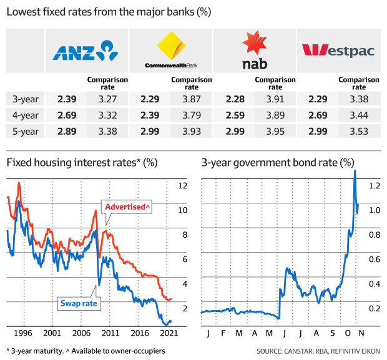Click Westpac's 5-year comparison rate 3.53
[358, 130]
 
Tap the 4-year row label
[24, 114]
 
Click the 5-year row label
[24, 130]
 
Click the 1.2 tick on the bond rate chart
[374, 186]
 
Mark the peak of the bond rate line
[355, 171]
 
